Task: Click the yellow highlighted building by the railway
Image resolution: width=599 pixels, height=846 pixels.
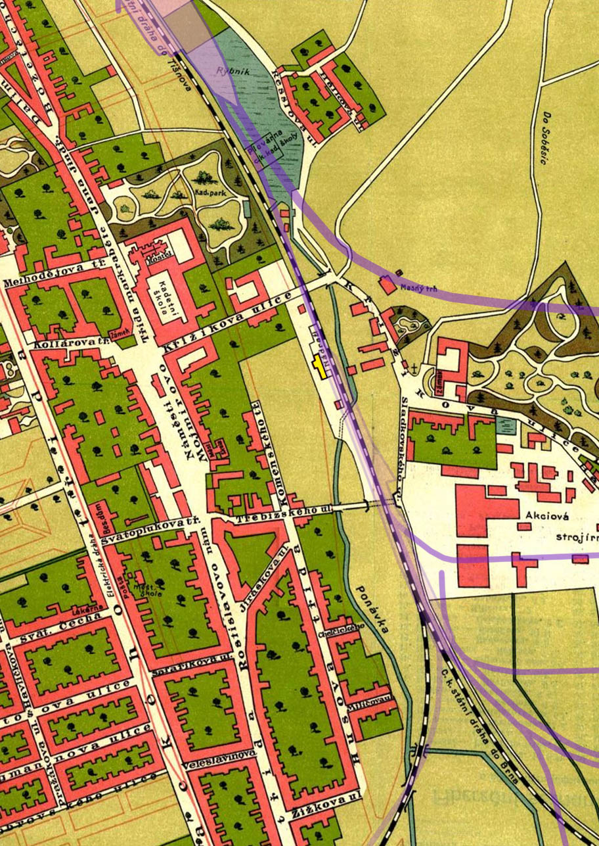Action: tap(320, 365)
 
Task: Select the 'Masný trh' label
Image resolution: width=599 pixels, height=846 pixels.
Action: tap(422, 287)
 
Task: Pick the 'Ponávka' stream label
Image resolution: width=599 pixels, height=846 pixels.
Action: tap(370, 608)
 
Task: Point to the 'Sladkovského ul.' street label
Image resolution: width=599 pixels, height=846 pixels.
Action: tap(399, 441)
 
